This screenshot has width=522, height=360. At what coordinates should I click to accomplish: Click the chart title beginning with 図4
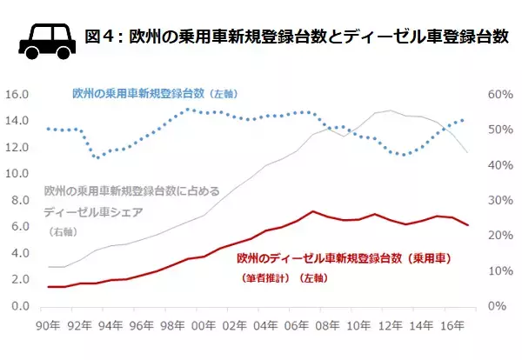click(296, 37)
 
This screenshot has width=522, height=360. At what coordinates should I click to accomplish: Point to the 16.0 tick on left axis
click(17, 94)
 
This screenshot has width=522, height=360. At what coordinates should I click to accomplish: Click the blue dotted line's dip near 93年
click(99, 157)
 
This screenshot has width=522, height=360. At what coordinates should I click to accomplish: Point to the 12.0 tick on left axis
click(17, 147)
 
